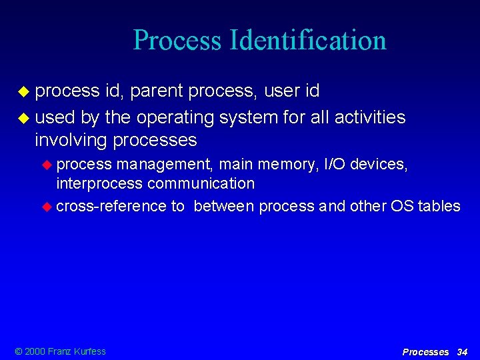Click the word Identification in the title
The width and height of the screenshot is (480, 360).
pos(307,40)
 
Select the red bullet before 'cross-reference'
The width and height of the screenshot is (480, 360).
pos(47,207)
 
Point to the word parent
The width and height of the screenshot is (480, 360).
pos(157,90)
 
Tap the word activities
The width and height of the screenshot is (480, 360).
pos(370,118)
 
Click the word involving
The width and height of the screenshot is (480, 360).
pos(71,140)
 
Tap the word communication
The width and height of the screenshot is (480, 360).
pos(201,183)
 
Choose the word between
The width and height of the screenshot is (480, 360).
pos(224,206)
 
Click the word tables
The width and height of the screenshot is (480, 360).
pos(439,206)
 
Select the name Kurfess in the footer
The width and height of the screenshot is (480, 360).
pos(89,351)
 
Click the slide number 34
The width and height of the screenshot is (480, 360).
pos(462,351)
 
